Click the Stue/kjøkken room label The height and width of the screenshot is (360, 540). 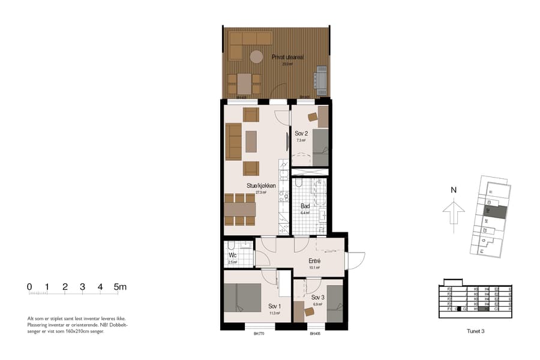(x=261, y=186)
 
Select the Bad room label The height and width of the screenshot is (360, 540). (x=305, y=206)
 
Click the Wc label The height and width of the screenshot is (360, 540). (x=233, y=256)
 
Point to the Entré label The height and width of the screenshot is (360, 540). (x=314, y=262)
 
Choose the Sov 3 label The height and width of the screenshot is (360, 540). (x=317, y=298)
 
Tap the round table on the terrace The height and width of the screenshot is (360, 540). (x=257, y=57)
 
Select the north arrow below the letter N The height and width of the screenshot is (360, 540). (x=454, y=212)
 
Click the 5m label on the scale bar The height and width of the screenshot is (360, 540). (x=121, y=287)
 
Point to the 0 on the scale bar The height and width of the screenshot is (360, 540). (x=29, y=287)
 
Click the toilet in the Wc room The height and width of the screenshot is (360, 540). (x=231, y=245)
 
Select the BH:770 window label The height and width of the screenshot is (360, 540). (x=259, y=334)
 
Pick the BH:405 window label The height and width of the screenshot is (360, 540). (x=316, y=334)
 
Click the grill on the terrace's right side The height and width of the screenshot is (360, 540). (x=321, y=78)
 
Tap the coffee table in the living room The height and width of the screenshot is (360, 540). (x=251, y=141)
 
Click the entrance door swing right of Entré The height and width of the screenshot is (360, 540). (x=355, y=261)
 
